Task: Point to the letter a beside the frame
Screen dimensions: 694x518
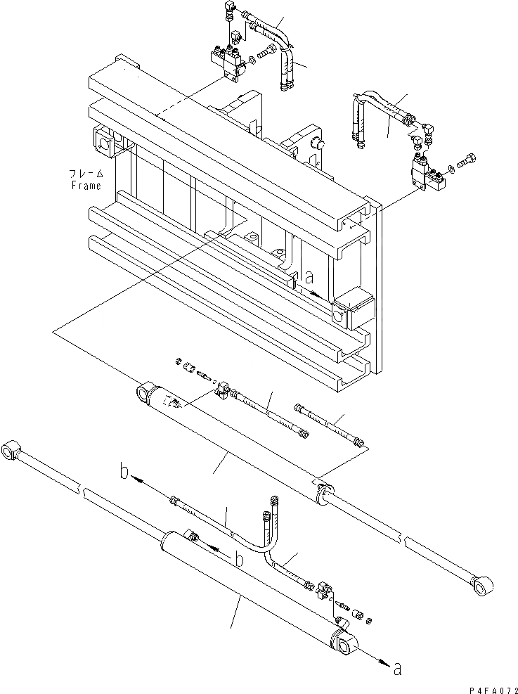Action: (x=309, y=278)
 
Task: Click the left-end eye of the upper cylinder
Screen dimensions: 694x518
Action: (x=143, y=394)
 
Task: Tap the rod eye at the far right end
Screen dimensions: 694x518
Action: (x=482, y=586)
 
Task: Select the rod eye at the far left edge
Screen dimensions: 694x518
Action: (x=13, y=449)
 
